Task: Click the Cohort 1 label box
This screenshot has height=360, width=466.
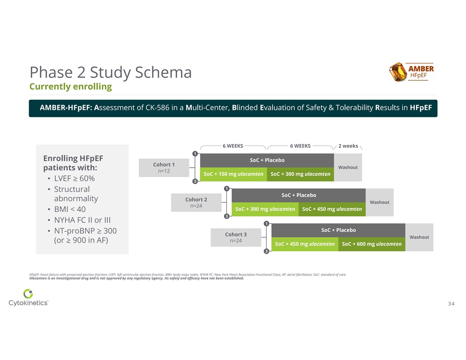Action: tap(164, 168)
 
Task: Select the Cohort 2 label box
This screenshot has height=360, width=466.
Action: tap(196, 202)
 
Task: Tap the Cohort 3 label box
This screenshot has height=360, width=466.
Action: tap(236, 237)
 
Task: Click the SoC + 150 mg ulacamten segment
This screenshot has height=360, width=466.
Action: tap(233, 174)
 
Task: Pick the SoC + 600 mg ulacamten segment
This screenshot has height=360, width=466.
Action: tap(372, 244)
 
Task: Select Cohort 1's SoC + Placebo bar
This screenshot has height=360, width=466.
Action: tap(267, 161)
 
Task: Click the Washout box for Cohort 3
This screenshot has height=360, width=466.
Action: tap(419, 237)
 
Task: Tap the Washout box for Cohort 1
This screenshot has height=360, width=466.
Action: tap(348, 168)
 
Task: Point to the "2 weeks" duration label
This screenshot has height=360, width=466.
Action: tap(348, 146)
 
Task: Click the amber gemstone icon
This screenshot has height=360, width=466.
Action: tap(398, 72)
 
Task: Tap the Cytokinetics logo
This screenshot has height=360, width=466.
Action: tap(28, 297)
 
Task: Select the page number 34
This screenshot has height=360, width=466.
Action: tap(451, 304)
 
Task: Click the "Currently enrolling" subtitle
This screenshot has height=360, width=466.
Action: tap(71, 86)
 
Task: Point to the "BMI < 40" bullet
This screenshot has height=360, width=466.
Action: tap(70, 209)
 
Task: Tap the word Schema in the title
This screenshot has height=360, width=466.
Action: tap(163, 72)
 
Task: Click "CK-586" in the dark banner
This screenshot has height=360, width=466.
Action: tap(157, 108)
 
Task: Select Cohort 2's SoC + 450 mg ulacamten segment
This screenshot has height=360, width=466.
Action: tap(332, 209)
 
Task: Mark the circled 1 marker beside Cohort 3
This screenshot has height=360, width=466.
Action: tap(267, 224)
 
